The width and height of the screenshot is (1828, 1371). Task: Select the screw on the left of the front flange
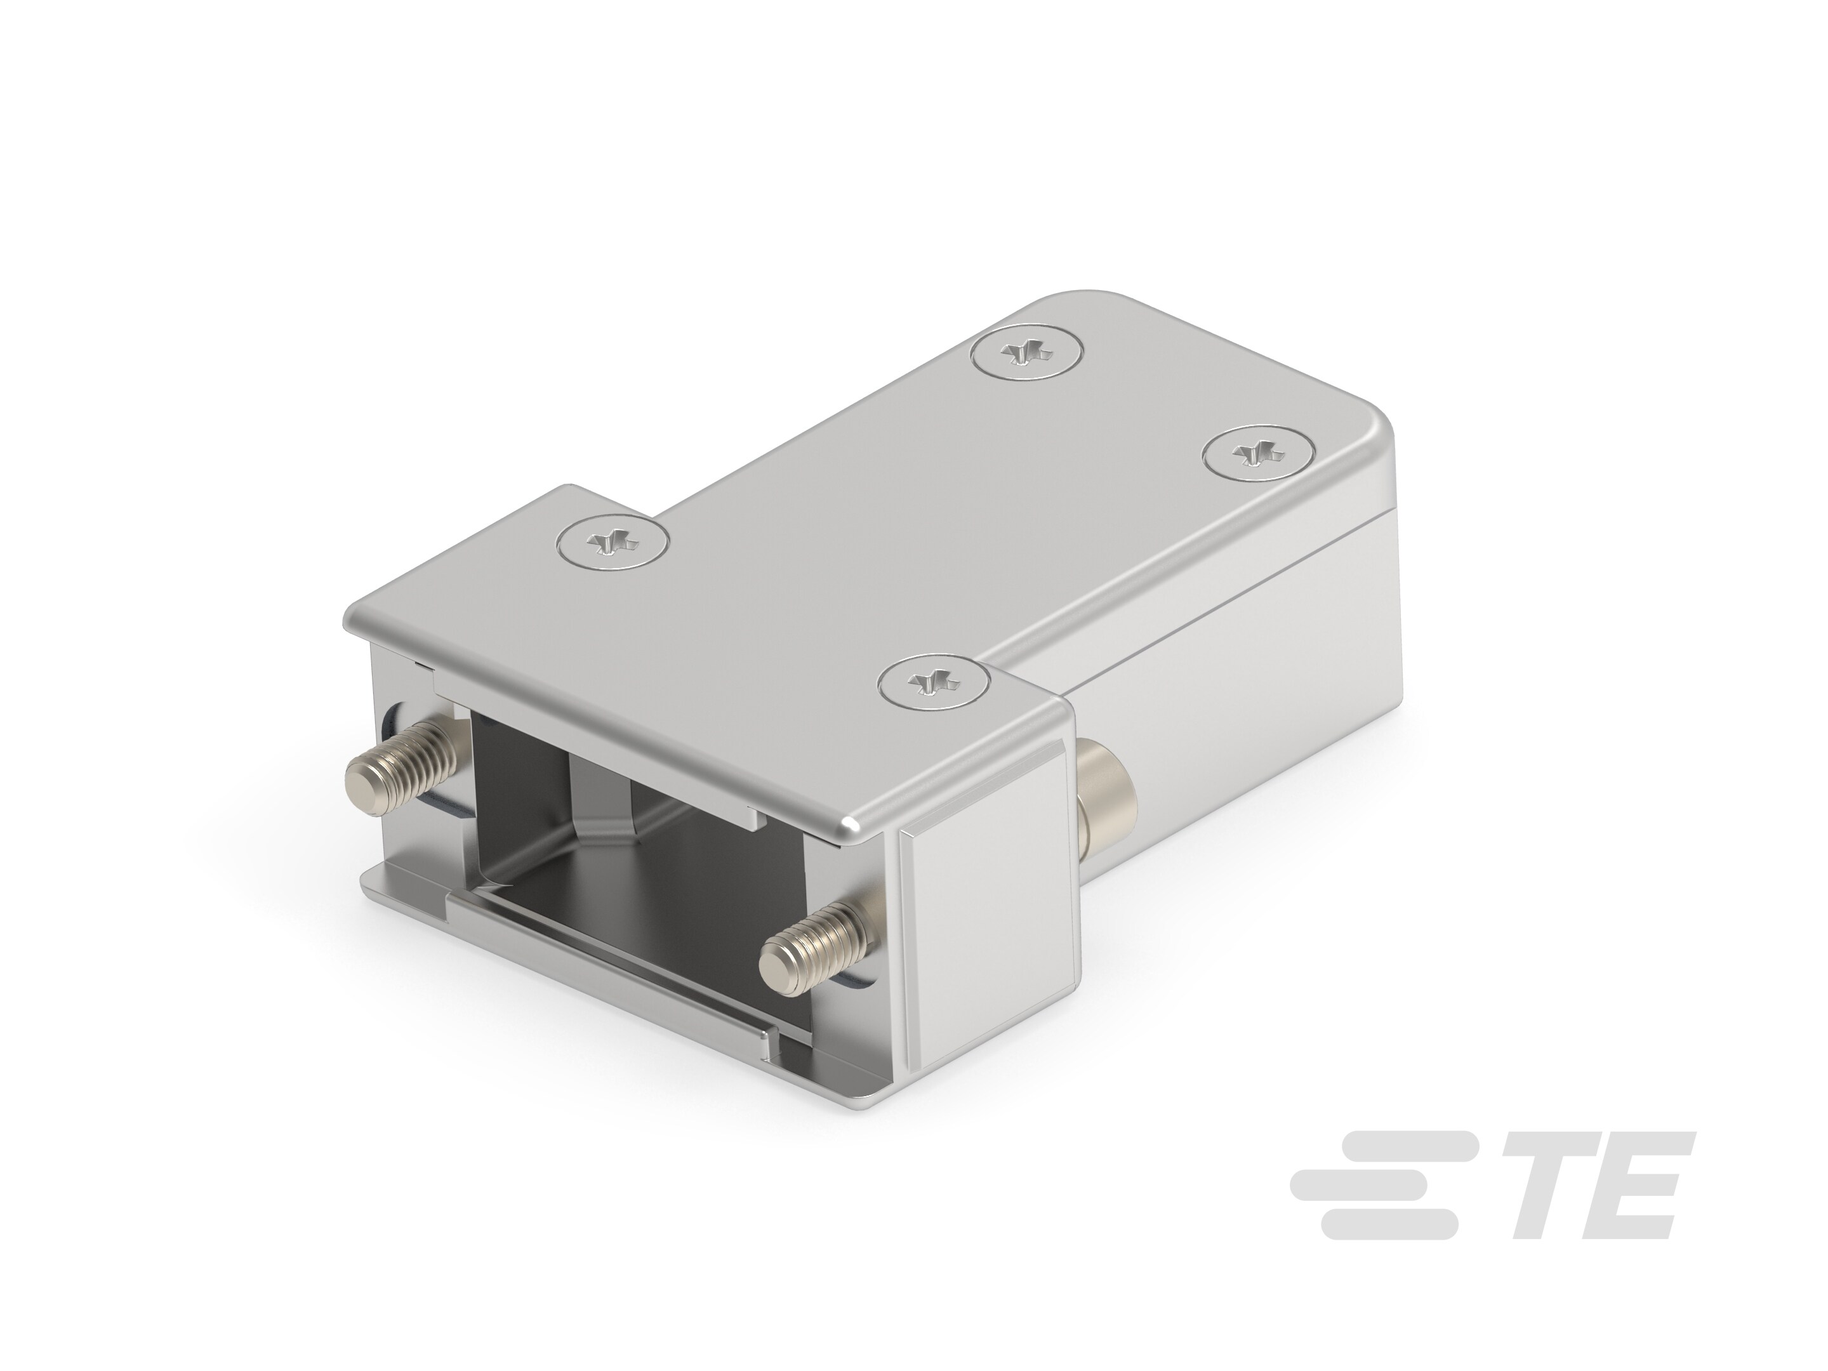613,545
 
